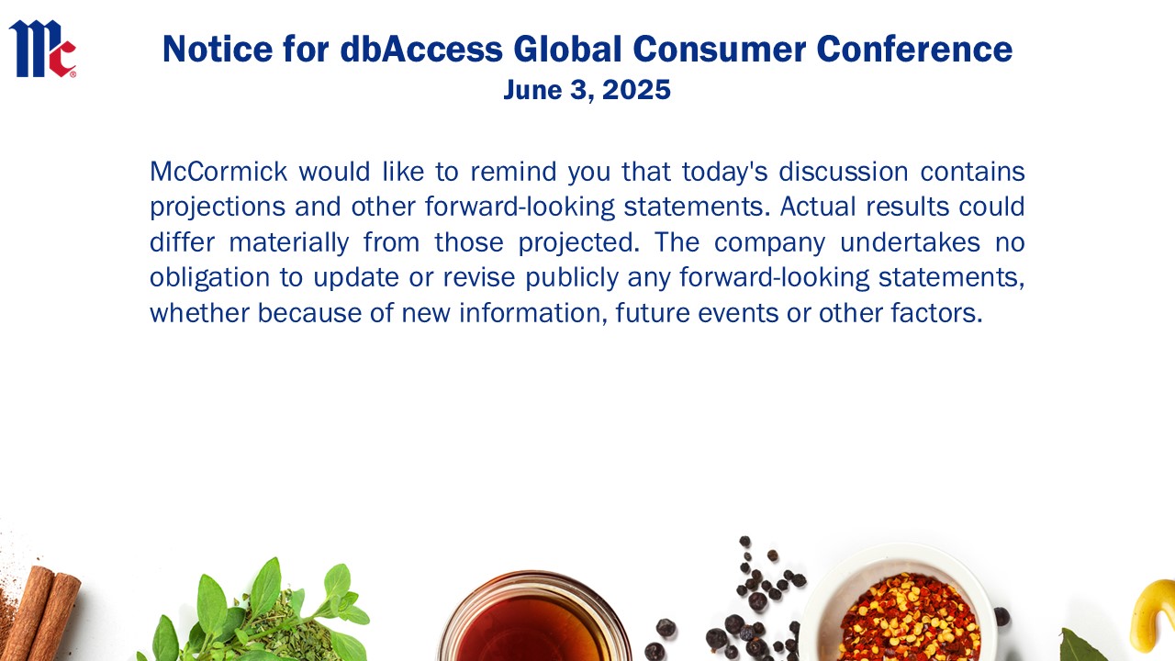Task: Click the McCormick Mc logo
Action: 42,49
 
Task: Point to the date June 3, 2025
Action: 587,90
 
